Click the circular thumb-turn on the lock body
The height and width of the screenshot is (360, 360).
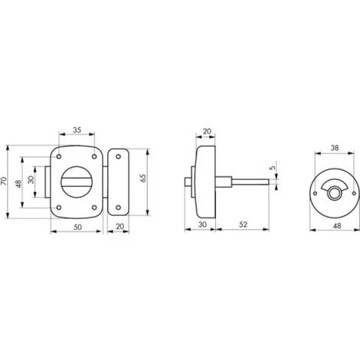pyautogui.click(x=77, y=181)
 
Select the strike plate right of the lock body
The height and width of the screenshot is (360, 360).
pyautogui.click(x=119, y=182)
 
